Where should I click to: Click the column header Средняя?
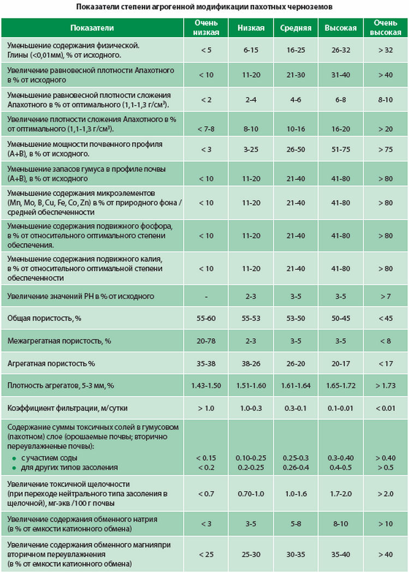(296, 28)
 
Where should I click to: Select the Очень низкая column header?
(206, 28)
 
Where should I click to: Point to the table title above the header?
(204, 8)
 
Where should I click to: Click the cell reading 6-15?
(251, 50)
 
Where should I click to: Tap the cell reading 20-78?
(206, 341)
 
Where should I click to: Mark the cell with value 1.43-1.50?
(206, 386)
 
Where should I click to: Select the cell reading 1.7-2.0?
(340, 494)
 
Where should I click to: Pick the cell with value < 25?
(206, 554)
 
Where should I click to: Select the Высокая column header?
(340, 28)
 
